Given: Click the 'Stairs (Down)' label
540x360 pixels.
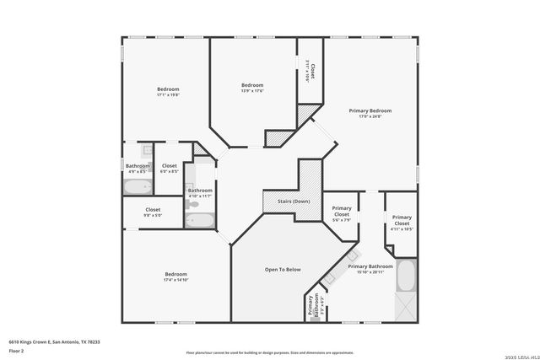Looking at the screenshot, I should pos(288,202).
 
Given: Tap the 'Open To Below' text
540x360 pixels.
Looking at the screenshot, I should pos(283,270).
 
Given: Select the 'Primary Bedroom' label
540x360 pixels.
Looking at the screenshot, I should pos(370,110).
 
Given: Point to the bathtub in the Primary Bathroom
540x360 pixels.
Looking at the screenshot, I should pos(406,276).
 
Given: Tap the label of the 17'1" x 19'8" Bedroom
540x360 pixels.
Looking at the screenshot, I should pos(168,89).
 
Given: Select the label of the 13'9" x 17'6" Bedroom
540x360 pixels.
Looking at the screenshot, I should pos(252,85).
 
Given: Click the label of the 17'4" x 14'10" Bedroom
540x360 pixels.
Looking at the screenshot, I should pos(175,274).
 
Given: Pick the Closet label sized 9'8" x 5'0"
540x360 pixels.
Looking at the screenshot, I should pos(153,209).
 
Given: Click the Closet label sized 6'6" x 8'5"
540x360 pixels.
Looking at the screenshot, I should pos(170,166).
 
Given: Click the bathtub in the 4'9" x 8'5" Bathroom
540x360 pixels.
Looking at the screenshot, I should pos(137,187).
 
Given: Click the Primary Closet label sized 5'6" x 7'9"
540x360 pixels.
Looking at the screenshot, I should pos(342,211).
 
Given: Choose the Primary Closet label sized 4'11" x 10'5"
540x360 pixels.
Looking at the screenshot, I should pos(402,220).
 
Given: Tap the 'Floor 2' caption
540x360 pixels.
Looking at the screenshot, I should pos(15,350).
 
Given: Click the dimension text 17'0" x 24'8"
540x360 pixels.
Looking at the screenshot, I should pos(370,116).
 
